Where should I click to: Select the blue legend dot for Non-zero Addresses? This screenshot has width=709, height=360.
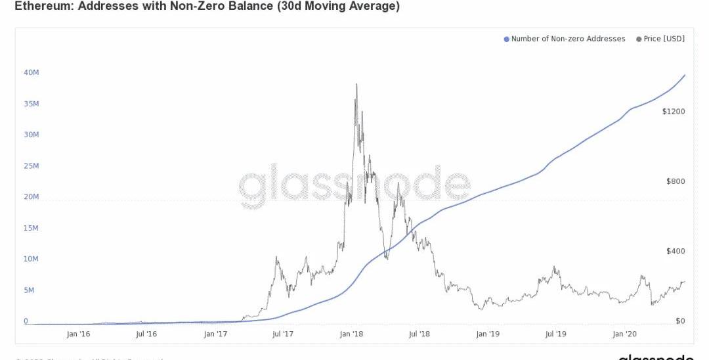tap(506, 39)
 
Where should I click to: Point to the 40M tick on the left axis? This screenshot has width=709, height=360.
tap(32, 72)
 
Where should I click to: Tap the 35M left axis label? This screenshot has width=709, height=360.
tap(32, 104)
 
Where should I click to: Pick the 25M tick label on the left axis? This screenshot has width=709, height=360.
tap(32, 166)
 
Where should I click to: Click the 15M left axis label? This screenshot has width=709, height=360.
tap(32, 228)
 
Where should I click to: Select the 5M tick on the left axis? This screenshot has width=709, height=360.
tap(30, 290)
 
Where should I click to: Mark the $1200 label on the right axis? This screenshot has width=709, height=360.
tap(674, 112)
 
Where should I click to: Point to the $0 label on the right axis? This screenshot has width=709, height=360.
tap(679, 321)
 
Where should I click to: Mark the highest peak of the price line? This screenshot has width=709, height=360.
tap(356, 84)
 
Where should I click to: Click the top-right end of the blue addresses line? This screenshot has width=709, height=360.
tap(685, 75)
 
